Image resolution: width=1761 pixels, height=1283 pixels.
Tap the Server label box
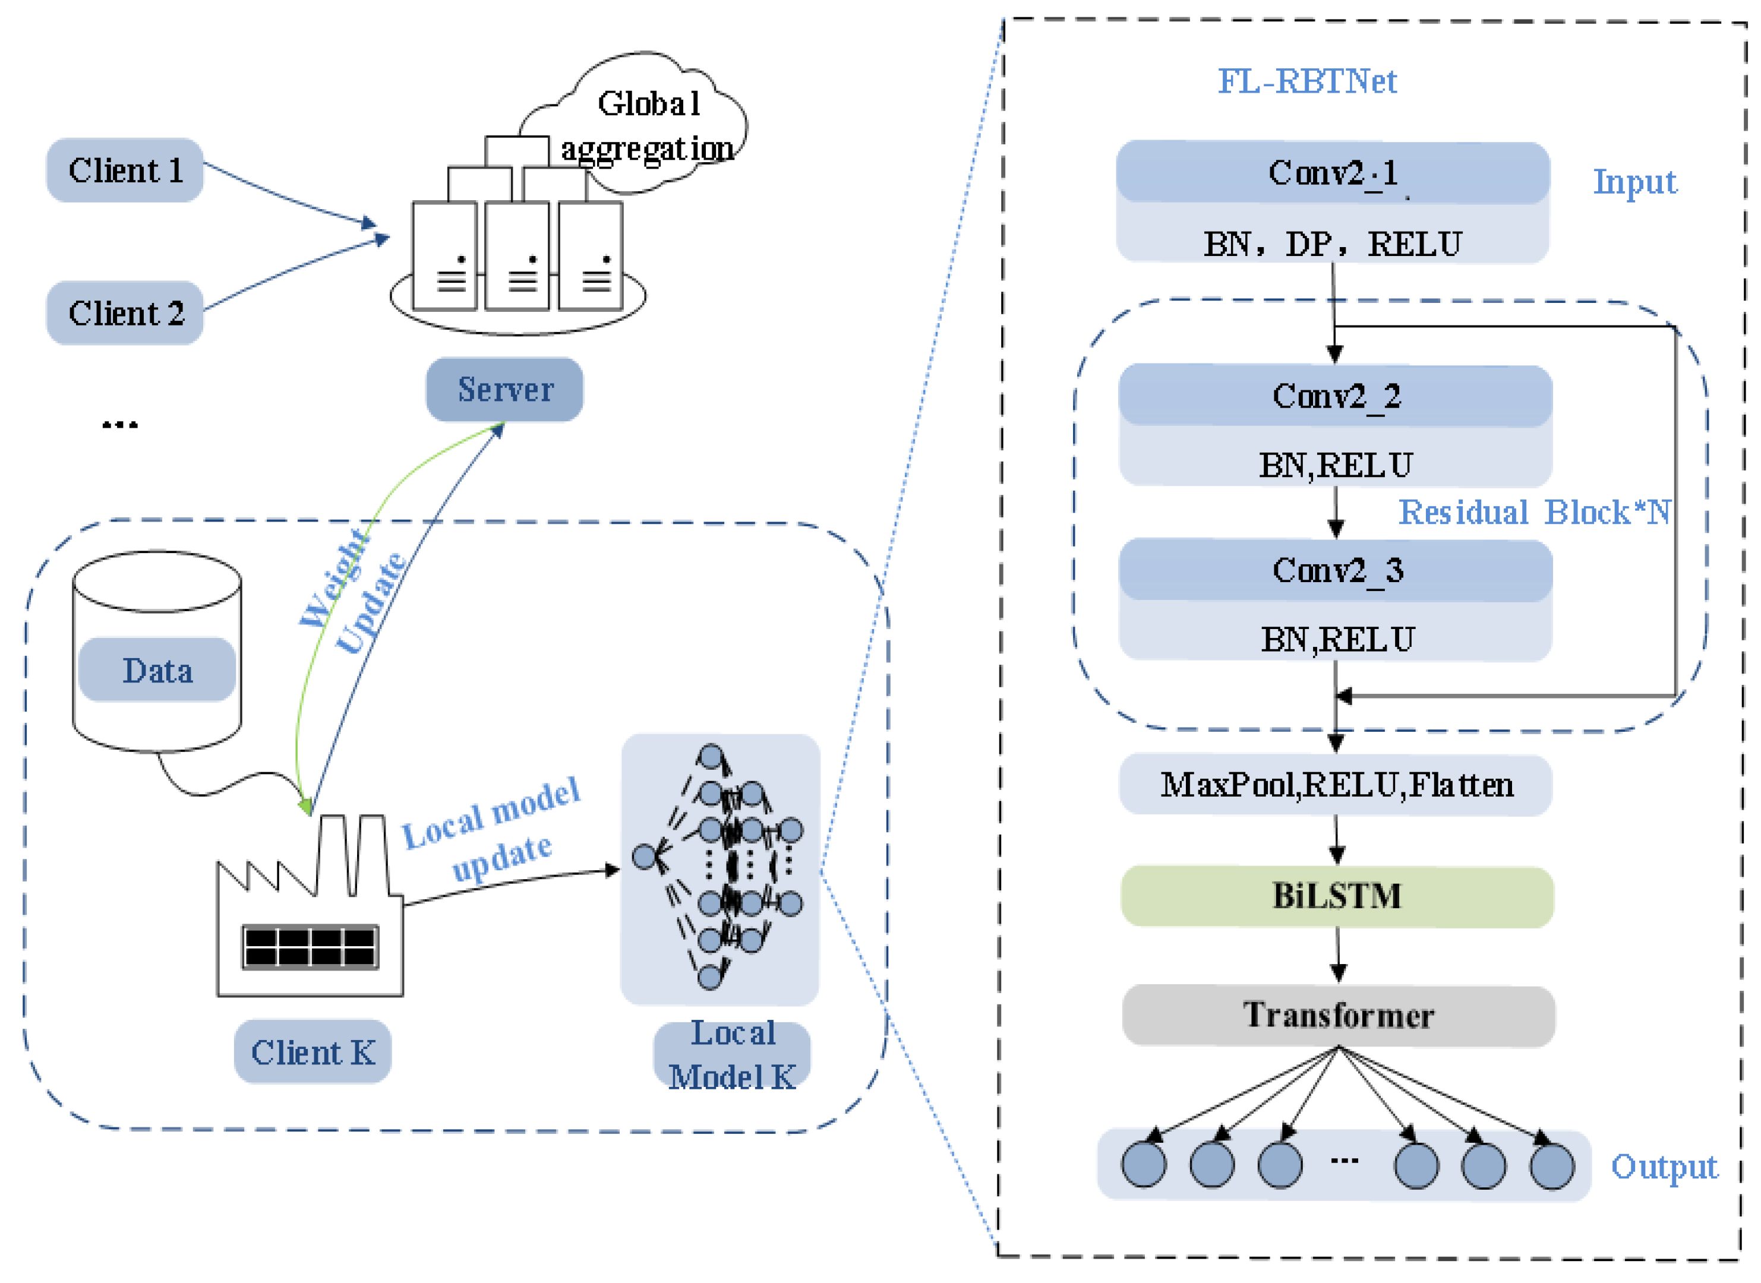[x=504, y=389]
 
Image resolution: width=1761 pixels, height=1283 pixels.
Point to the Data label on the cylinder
[x=157, y=670]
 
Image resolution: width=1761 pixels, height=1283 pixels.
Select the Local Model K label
[x=732, y=1056]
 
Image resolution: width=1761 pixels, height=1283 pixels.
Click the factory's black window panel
[x=310, y=947]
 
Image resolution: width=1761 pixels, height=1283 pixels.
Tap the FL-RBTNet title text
[x=1306, y=81]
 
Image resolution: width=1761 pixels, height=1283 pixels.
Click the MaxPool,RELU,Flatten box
[x=1336, y=785]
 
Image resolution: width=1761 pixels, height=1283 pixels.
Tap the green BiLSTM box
[x=1337, y=896]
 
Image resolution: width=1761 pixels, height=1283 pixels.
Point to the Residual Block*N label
[x=1534, y=513]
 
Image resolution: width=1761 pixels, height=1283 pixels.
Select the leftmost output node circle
[x=1144, y=1165]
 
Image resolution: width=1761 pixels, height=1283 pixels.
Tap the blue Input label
[x=1634, y=182]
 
